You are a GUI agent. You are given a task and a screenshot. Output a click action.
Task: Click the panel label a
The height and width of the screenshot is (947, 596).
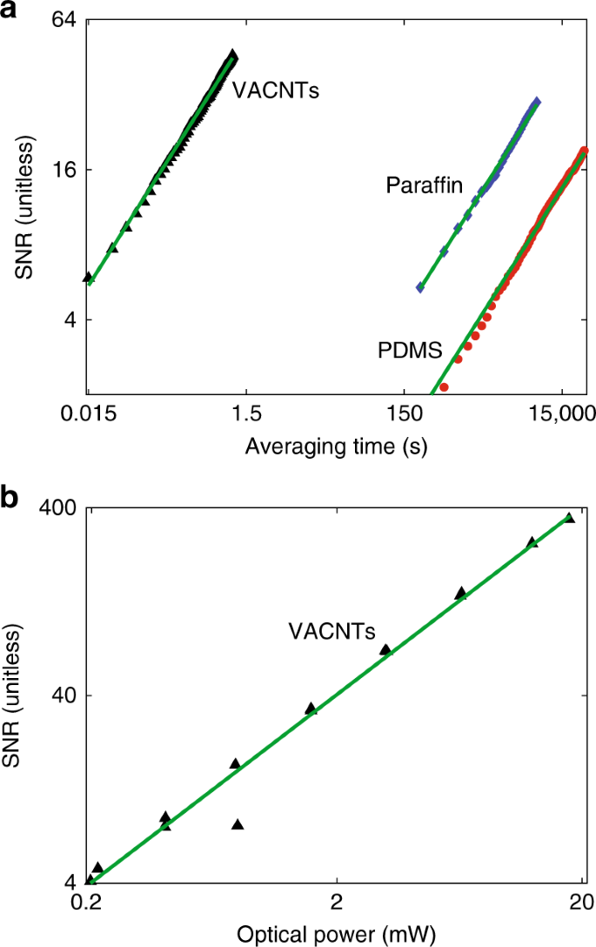click(10, 11)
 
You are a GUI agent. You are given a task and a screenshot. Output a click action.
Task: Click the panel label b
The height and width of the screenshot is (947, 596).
click(10, 500)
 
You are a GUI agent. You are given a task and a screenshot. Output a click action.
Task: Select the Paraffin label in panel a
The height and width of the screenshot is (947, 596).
click(424, 185)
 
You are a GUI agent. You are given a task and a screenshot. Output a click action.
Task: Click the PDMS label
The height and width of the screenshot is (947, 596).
click(410, 350)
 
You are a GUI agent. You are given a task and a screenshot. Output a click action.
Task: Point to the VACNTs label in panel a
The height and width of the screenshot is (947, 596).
click(275, 88)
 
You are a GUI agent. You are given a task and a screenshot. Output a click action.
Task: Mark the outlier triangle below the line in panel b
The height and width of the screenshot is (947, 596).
click(238, 824)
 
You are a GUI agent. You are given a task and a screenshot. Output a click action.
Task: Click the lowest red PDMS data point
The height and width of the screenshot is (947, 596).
click(444, 386)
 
